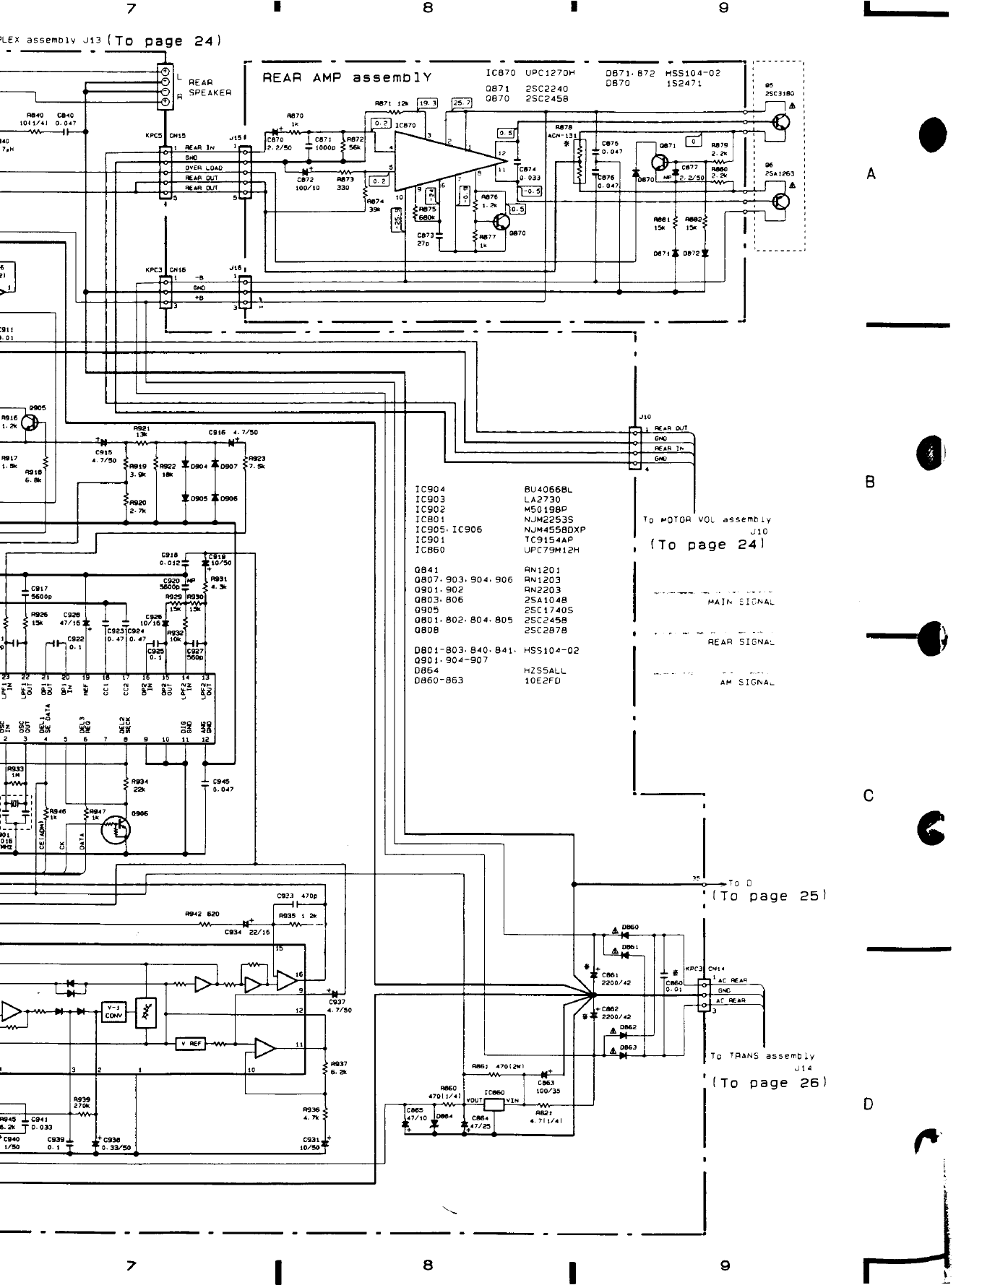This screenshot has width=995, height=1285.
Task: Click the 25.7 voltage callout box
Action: pyautogui.click(x=462, y=103)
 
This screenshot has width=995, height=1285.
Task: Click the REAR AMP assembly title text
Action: pyautogui.click(x=347, y=77)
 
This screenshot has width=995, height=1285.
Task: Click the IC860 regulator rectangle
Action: pyautogui.click(x=494, y=1104)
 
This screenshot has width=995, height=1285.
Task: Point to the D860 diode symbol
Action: pyautogui.click(x=623, y=934)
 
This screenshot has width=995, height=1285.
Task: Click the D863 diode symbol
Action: pyautogui.click(x=623, y=1055)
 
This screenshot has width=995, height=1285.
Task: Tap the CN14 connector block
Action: pyautogui.click(x=704, y=995)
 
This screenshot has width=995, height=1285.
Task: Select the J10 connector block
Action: pyautogui.click(x=635, y=449)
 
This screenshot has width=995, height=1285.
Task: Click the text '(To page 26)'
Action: pyautogui.click(x=769, y=1083)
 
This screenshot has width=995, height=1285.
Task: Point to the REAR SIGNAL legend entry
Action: pyautogui.click(x=741, y=641)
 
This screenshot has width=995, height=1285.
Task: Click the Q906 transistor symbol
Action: pyautogui.click(x=116, y=829)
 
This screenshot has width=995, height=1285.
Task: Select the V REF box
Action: pyautogui.click(x=191, y=1043)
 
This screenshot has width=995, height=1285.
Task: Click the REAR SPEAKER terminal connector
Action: pyautogui.click(x=165, y=87)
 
